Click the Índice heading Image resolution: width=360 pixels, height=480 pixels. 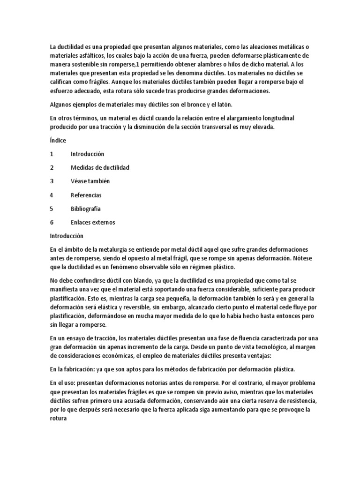tap(58, 140)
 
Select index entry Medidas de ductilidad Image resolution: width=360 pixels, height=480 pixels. tap(100, 167)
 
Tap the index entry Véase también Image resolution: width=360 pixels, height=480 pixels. tap(90, 181)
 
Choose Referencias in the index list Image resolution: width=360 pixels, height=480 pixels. tap(86, 195)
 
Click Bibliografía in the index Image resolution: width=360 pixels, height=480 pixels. tap(86, 209)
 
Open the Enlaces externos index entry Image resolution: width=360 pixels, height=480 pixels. tap(93, 222)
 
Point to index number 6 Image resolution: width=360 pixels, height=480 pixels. tap(52, 222)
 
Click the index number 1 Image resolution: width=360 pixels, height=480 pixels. tap(52, 154)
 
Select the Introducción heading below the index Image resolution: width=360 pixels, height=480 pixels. tap(67, 236)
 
